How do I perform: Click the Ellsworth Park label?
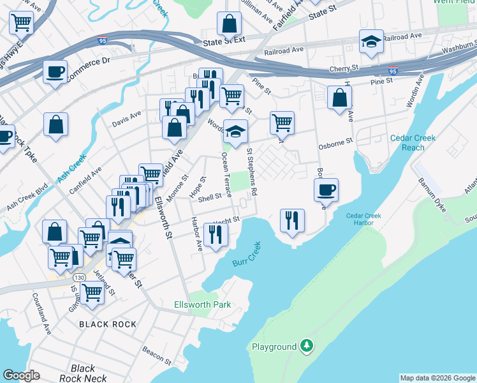pyautogui.click(x=202, y=304)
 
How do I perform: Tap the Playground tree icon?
pyautogui.click(x=307, y=346)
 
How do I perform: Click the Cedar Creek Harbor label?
pyautogui.click(x=363, y=220)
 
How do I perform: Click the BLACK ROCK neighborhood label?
pyautogui.click(x=108, y=324)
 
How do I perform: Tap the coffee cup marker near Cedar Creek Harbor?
pyautogui.click(x=327, y=190)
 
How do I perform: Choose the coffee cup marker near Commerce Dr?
pyautogui.click(x=55, y=71)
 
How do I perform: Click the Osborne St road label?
pyautogui.click(x=335, y=145)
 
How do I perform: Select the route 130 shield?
pyautogui.click(x=79, y=278)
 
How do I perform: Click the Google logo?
pyautogui.click(x=21, y=375)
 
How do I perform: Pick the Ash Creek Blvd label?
pyautogui.click(x=27, y=199)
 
